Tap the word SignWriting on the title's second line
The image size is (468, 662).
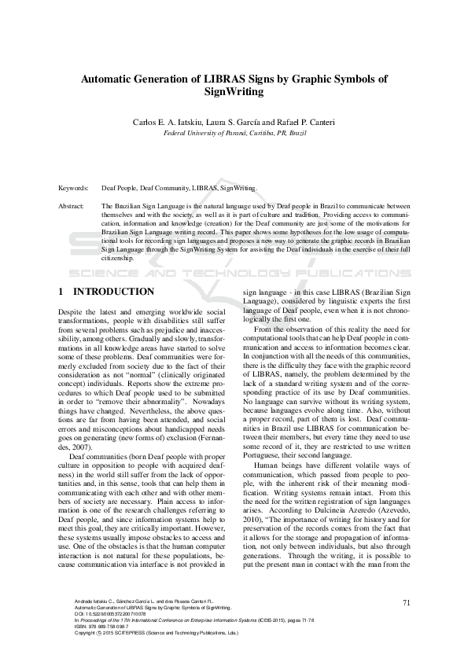tap(234, 92)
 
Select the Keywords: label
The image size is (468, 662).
tap(74, 189)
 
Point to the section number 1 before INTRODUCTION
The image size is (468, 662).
tap(61, 292)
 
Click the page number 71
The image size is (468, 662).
tap(407, 603)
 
